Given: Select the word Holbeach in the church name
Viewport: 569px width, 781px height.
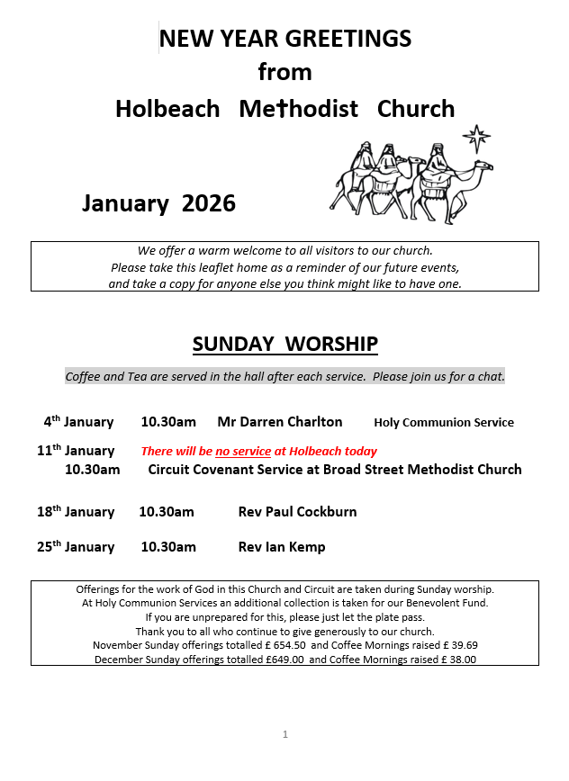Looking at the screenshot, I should (x=167, y=109).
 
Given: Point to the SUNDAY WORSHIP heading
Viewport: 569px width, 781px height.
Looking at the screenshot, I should (x=284, y=345).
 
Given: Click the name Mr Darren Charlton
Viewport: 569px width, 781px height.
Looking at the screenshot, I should (x=280, y=422).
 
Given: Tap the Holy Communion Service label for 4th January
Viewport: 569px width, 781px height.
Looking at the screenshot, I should (x=444, y=423).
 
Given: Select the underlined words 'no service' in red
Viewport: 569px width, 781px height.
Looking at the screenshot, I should (x=243, y=452).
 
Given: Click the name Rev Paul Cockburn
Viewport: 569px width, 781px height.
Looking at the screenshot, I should (x=297, y=512).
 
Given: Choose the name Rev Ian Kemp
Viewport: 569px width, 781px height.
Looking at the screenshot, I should (x=282, y=547).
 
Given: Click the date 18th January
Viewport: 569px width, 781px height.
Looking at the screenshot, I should (x=76, y=512).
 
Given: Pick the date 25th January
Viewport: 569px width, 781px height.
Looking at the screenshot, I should (x=76, y=547).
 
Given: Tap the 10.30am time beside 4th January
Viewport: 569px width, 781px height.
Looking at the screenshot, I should (x=168, y=422).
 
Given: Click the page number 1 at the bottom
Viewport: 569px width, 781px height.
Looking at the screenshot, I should (x=285, y=734).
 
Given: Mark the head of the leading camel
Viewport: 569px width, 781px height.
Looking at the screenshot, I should (x=485, y=166).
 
